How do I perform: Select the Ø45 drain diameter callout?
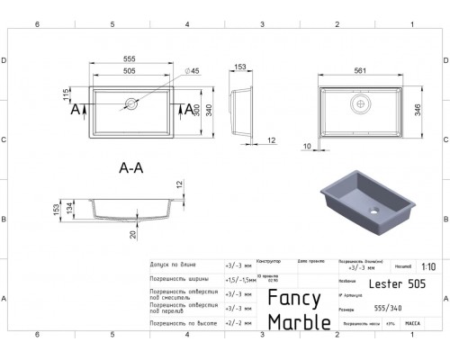[192, 72]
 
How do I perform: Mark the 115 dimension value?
[66, 94]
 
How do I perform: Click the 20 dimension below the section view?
[132, 235]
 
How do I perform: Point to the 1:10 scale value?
[428, 267]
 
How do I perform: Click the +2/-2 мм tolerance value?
[237, 321]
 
